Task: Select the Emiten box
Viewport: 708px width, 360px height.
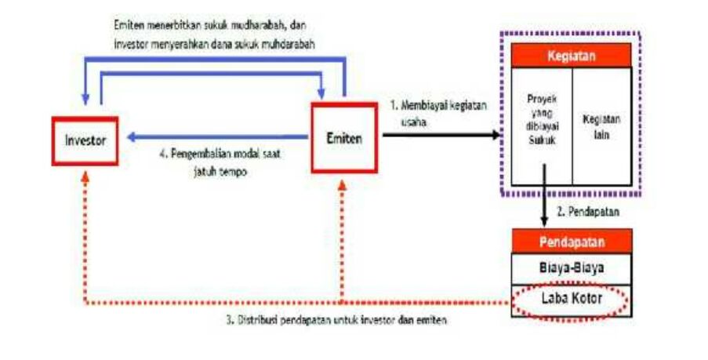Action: [x=344, y=138]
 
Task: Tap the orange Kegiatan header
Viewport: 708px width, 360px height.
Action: [x=571, y=56]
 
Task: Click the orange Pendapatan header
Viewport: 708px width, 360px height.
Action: [x=571, y=241]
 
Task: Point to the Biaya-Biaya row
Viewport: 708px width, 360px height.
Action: [x=571, y=267]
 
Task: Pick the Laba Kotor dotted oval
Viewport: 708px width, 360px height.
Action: [x=571, y=299]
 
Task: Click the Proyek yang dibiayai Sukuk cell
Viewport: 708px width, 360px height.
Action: [x=542, y=125]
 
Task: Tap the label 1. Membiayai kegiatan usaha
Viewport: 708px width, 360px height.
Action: [x=440, y=111]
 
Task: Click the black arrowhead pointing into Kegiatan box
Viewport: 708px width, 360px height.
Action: [x=496, y=136]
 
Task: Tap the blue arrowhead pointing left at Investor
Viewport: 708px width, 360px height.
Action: [x=133, y=138]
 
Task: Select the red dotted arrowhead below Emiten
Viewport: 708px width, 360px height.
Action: [x=343, y=180]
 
